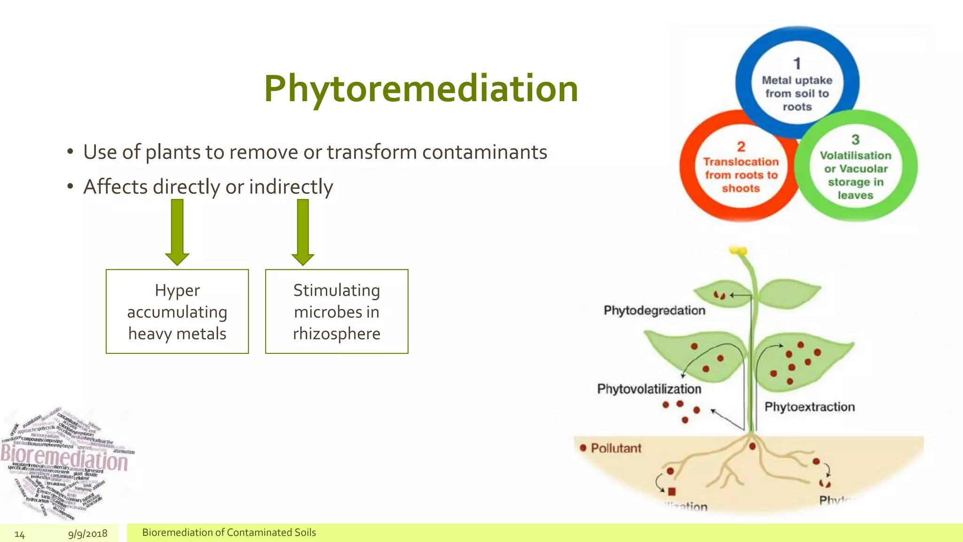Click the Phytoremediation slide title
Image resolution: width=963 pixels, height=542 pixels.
pyautogui.click(x=421, y=89)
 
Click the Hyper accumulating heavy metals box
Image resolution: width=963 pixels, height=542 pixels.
pyautogui.click(x=177, y=311)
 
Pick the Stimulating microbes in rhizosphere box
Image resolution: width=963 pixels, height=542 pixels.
pyautogui.click(x=337, y=311)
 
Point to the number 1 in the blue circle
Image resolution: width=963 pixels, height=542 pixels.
pyautogui.click(x=797, y=64)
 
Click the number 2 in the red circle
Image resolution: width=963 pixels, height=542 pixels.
pyautogui.click(x=741, y=147)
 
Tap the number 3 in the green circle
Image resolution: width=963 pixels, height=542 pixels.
pyautogui.click(x=855, y=140)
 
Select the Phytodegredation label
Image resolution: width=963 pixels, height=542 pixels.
pyautogui.click(x=654, y=311)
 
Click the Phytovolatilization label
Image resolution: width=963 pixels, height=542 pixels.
pyautogui.click(x=649, y=389)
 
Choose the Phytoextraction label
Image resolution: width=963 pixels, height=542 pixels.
pyautogui.click(x=809, y=407)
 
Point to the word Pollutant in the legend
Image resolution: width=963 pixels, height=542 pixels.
pyautogui.click(x=616, y=448)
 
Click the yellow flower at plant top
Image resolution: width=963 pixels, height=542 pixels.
pyautogui.click(x=738, y=251)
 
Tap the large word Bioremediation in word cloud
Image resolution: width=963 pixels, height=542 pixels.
pyautogui.click(x=64, y=458)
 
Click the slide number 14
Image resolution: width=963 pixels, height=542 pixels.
pyautogui.click(x=19, y=534)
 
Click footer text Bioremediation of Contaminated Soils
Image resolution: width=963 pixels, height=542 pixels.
pyautogui.click(x=229, y=533)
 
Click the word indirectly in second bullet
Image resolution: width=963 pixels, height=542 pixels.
pyautogui.click(x=291, y=187)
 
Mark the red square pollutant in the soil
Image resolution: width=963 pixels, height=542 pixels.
pyautogui.click(x=671, y=492)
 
